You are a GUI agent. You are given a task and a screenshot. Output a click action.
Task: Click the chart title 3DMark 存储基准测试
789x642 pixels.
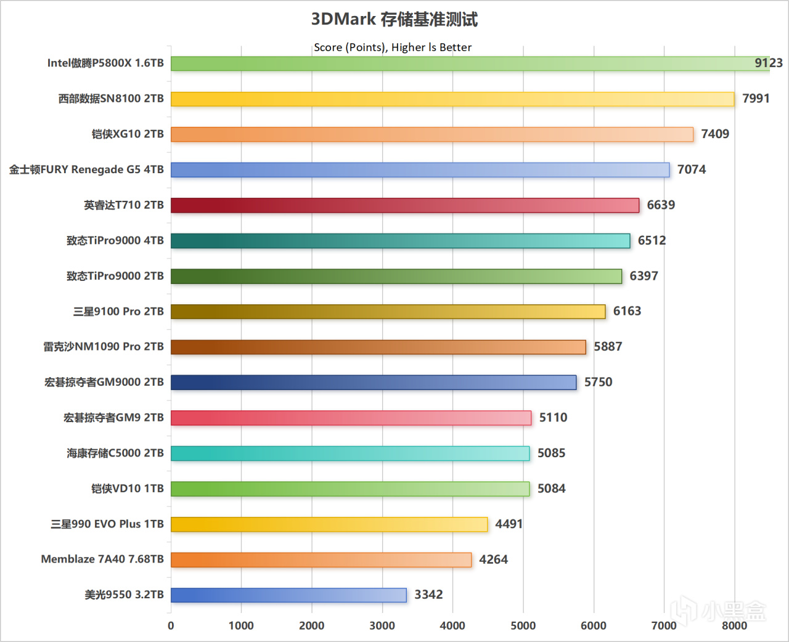tap(394, 19)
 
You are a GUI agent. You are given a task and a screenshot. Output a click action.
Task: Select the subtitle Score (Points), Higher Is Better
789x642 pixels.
tap(393, 47)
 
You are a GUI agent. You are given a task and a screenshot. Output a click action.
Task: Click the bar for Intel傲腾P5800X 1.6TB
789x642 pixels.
tap(470, 63)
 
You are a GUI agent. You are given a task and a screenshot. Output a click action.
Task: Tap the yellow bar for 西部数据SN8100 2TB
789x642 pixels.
tap(452, 99)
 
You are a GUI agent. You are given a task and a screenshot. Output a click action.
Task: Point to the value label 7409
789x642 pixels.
tap(715, 134)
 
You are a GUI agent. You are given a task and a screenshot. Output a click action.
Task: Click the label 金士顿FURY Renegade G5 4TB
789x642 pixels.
tap(86, 169)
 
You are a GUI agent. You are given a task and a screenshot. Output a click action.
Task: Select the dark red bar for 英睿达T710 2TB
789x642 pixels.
tap(405, 206)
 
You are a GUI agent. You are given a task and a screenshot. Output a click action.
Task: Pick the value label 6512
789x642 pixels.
tap(652, 240)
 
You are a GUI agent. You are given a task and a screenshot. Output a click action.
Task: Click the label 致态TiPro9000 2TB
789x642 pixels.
tap(115, 276)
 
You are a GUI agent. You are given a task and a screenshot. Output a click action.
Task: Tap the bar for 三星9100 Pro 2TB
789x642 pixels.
tap(388, 312)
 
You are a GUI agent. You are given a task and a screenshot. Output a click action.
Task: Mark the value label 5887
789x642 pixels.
tap(608, 346)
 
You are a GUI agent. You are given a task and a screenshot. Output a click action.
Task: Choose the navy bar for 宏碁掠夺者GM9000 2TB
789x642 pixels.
tap(374, 383)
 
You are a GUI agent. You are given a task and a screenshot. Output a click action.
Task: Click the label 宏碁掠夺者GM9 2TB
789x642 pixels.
tap(113, 418)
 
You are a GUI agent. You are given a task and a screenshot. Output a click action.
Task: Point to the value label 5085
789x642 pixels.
tap(551, 453)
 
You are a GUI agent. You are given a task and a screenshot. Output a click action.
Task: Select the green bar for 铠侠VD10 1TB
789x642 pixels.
tap(350, 489)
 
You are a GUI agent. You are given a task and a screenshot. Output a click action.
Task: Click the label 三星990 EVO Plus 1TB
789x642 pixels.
tap(107, 524)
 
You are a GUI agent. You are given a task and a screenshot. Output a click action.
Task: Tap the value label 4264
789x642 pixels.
tap(493, 559)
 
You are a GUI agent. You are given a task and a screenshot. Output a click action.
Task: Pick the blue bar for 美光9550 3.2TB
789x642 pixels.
tap(288, 595)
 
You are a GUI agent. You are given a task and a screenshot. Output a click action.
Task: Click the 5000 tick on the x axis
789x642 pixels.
tap(523, 625)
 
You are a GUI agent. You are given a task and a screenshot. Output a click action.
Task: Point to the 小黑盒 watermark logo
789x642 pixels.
tap(719, 610)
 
